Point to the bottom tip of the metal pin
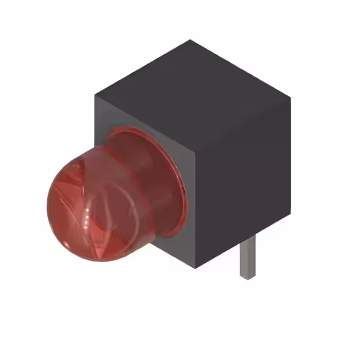pyautogui.click(x=246, y=277)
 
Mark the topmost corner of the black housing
pyautogui.click(x=190, y=40)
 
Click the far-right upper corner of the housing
pyautogui.click(x=290, y=97)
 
